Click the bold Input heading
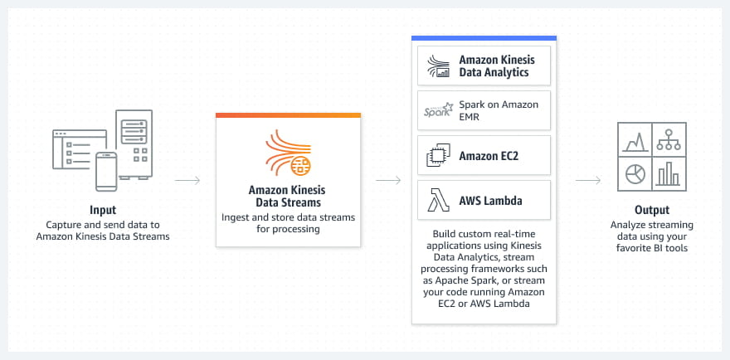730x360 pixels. [x=103, y=210]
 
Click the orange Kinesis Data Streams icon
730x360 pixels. [x=287, y=153]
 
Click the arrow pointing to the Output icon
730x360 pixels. [x=587, y=180]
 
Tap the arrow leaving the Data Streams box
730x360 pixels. [x=388, y=180]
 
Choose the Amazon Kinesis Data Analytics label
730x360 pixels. [x=497, y=66]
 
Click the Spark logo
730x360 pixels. [x=436, y=111]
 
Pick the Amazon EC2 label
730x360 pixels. [x=489, y=155]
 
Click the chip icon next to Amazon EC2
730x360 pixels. [x=436, y=155]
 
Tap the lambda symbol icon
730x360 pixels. [x=436, y=200]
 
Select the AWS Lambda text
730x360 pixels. [x=491, y=200]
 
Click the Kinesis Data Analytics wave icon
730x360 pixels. [x=436, y=66]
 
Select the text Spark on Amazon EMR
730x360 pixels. [x=499, y=111]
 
